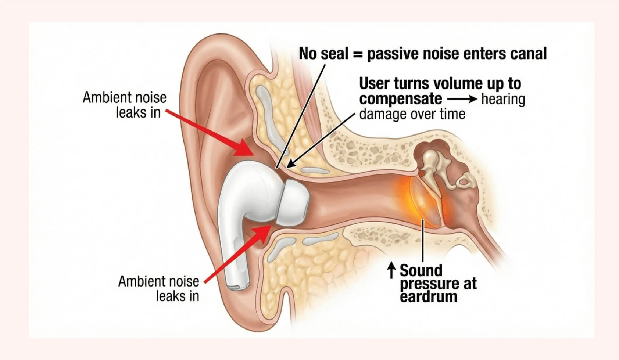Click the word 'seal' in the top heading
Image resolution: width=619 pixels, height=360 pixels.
[x=334, y=54]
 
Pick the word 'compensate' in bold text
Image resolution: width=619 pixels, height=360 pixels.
[x=400, y=99]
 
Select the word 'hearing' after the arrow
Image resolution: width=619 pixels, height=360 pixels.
[x=503, y=99]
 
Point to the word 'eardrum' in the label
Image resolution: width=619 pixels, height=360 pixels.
[x=428, y=297]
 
